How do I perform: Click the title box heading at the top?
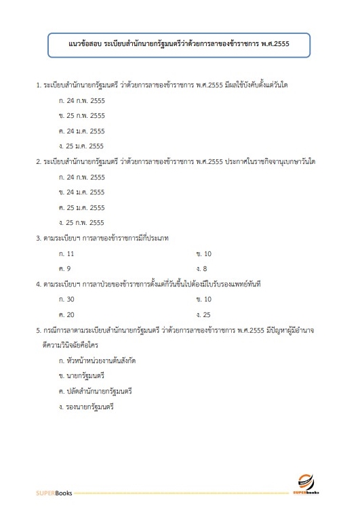click(x=179, y=47)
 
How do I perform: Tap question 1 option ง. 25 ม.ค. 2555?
click(x=81, y=146)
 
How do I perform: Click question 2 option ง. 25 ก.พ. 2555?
click(x=81, y=222)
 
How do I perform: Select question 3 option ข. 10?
click(x=203, y=253)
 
